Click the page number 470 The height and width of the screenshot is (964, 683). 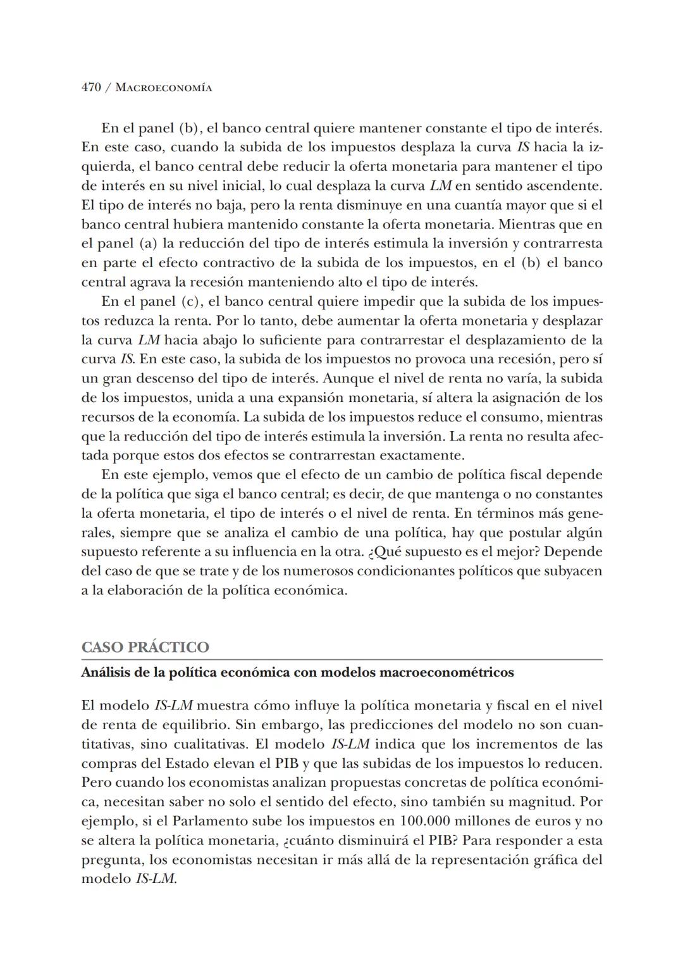tap(91, 87)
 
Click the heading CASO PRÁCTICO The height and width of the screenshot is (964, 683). tap(145, 647)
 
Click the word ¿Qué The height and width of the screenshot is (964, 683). tap(384, 551)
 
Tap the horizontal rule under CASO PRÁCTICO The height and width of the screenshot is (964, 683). tap(341, 660)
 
